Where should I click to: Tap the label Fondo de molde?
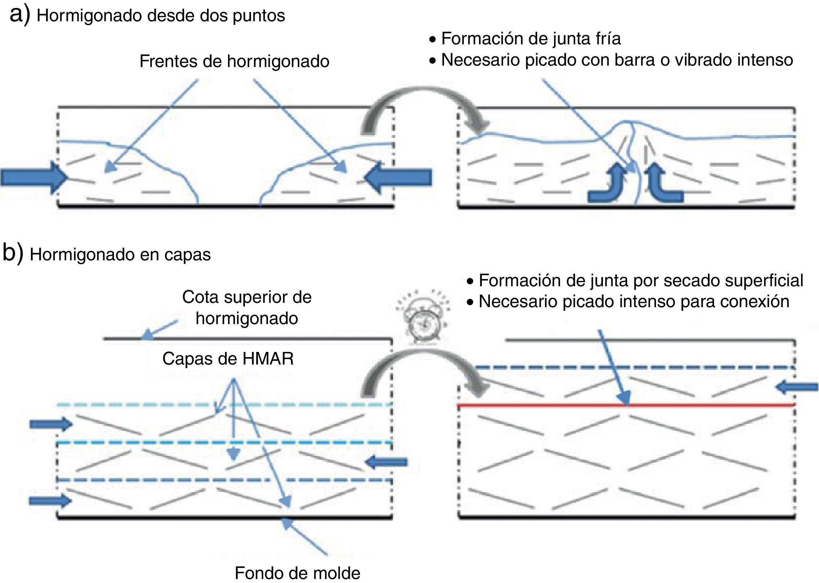[x=297, y=573]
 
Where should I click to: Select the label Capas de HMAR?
[x=228, y=358]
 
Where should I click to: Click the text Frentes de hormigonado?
[x=234, y=61]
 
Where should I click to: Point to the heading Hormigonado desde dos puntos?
[x=161, y=16]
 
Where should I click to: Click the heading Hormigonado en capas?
[x=120, y=255]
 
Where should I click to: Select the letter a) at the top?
[x=19, y=15]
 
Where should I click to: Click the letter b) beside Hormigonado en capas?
[x=13, y=252]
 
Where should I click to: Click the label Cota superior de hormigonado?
[x=247, y=308]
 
